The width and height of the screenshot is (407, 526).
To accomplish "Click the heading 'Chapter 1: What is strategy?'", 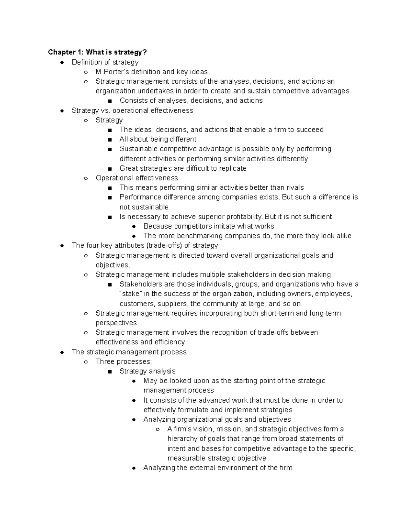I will pos(97,52).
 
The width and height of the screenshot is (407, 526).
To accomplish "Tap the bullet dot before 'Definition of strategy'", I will pos(62,62).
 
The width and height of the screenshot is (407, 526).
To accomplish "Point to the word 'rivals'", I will pos(295,188).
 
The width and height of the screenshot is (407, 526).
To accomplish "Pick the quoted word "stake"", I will pos(130,294).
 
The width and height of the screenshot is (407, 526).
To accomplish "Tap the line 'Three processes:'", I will pos(123,361).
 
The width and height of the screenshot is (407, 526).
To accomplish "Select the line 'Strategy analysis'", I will pos(148,371).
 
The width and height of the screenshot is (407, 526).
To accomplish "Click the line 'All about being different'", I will pos(158,139).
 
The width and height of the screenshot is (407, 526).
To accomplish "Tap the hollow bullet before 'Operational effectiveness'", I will pos(86,178).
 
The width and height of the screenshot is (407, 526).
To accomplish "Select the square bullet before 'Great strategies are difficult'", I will pos(110,169).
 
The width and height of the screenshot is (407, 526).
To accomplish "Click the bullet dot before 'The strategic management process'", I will pos(62,352).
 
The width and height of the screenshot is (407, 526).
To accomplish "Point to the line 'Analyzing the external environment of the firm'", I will pos(218,468).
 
